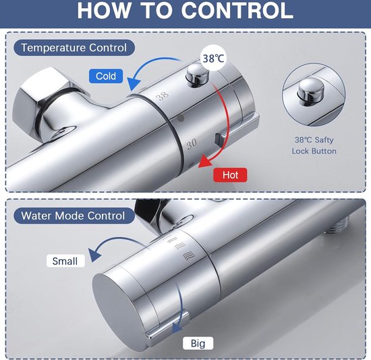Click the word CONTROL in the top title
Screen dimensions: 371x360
click(x=238, y=11)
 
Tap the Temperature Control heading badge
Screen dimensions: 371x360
click(x=74, y=48)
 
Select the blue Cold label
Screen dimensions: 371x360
click(x=106, y=76)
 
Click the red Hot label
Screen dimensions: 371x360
click(x=230, y=175)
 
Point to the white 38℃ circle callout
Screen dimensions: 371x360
click(x=213, y=59)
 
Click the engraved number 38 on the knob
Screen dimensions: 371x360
click(x=163, y=96)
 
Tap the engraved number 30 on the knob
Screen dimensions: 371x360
click(x=192, y=144)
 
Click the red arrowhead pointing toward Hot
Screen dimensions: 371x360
click(x=205, y=161)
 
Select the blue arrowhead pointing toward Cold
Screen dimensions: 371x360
click(x=133, y=84)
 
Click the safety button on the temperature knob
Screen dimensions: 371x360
click(x=198, y=75)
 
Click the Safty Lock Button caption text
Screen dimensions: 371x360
click(x=314, y=145)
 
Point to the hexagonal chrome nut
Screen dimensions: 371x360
click(x=46, y=104)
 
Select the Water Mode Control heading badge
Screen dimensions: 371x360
click(x=74, y=215)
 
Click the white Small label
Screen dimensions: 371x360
click(x=65, y=261)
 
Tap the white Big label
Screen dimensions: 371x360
click(x=198, y=343)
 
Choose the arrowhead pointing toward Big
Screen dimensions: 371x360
click(x=177, y=328)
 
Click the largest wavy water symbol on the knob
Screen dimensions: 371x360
click(x=190, y=255)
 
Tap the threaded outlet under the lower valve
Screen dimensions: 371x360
click(x=335, y=228)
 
